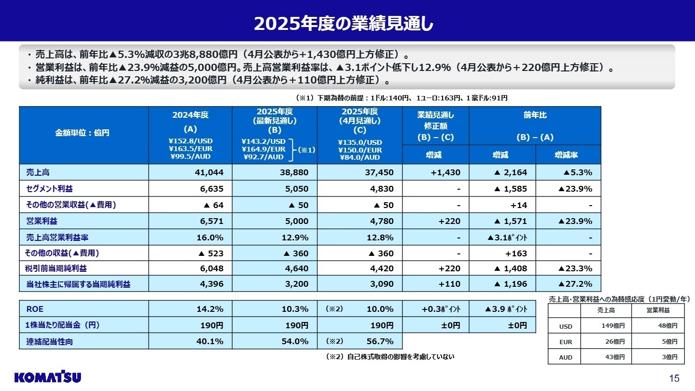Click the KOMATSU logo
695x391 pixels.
click(48, 377)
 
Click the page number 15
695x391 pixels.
click(674, 378)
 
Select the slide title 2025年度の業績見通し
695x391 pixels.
click(347, 23)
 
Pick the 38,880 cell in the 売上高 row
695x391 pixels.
click(293, 172)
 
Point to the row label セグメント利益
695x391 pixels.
click(50, 188)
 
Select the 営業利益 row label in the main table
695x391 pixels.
click(42, 221)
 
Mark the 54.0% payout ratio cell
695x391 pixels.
click(295, 341)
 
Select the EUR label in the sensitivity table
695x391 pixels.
click(565, 342)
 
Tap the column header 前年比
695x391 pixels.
click(535, 116)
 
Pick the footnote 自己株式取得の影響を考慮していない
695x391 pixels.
click(390, 357)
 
